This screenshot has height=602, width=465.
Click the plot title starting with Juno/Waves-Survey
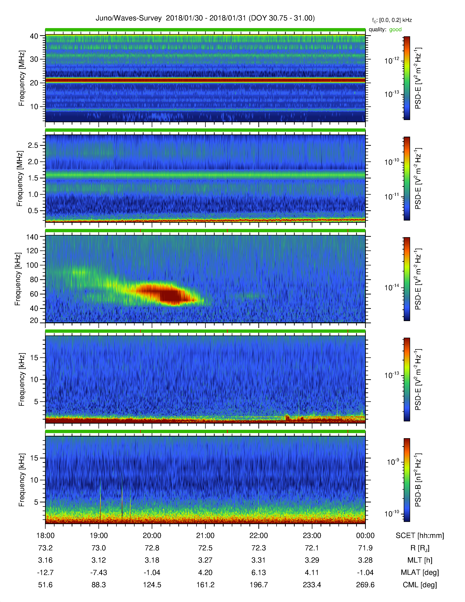205,18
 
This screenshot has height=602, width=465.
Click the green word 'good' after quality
395,30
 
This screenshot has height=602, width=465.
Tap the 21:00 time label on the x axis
205,536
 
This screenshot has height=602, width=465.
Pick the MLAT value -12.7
45,572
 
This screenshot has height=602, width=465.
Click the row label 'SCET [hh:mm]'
420,536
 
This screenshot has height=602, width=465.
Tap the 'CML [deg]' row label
420,585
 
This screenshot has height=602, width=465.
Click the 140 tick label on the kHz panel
32,237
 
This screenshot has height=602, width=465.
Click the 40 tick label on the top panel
34,36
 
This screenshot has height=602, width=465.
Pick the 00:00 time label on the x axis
365,536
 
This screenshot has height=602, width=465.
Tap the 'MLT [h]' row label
420,560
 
